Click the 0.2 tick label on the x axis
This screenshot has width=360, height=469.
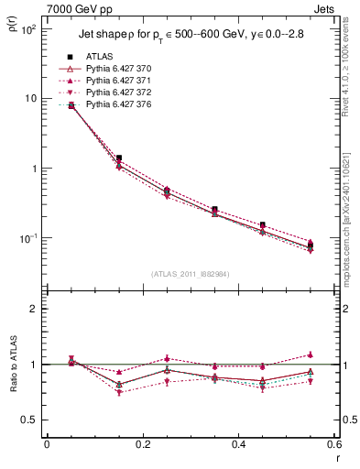[x=142, y=444]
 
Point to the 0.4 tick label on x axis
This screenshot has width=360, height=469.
[x=238, y=444]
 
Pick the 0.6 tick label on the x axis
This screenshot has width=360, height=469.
[x=333, y=444]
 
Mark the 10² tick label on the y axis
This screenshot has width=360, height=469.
[x=27, y=29]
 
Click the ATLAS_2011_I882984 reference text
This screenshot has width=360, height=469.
[x=190, y=274]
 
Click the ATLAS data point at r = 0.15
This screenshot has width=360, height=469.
[x=118, y=158]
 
